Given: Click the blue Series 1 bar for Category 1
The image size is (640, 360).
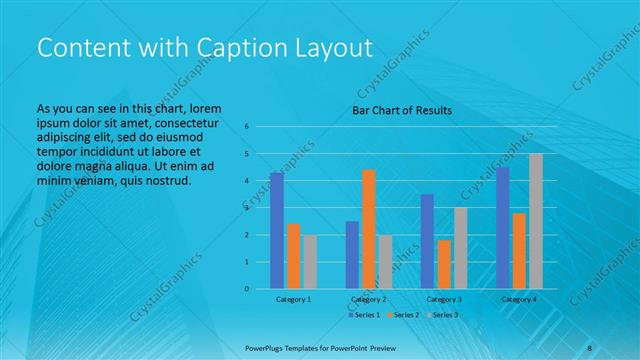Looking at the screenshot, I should [277, 230].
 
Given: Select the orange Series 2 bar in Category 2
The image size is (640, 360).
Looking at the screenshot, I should [369, 229].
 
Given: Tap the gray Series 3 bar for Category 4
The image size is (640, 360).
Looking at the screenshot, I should [536, 221].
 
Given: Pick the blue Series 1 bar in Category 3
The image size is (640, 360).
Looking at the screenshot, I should [427, 241].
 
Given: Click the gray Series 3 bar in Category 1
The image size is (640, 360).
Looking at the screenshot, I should [310, 261].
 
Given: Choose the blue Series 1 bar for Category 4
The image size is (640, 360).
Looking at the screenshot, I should [503, 228].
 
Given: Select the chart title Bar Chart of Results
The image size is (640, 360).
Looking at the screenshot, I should [402, 110].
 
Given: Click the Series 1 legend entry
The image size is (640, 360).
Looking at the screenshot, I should [364, 315].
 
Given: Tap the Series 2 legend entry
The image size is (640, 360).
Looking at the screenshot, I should [402, 315].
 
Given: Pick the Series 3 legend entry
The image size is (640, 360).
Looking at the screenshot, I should [441, 315].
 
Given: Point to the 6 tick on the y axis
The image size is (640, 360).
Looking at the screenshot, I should [246, 127].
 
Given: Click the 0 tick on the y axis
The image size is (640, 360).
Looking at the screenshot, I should [246, 289].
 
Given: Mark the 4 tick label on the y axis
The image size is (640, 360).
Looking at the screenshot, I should [246, 181].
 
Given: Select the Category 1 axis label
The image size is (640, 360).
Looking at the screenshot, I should [294, 299].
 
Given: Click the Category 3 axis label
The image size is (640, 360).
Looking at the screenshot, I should [444, 299].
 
